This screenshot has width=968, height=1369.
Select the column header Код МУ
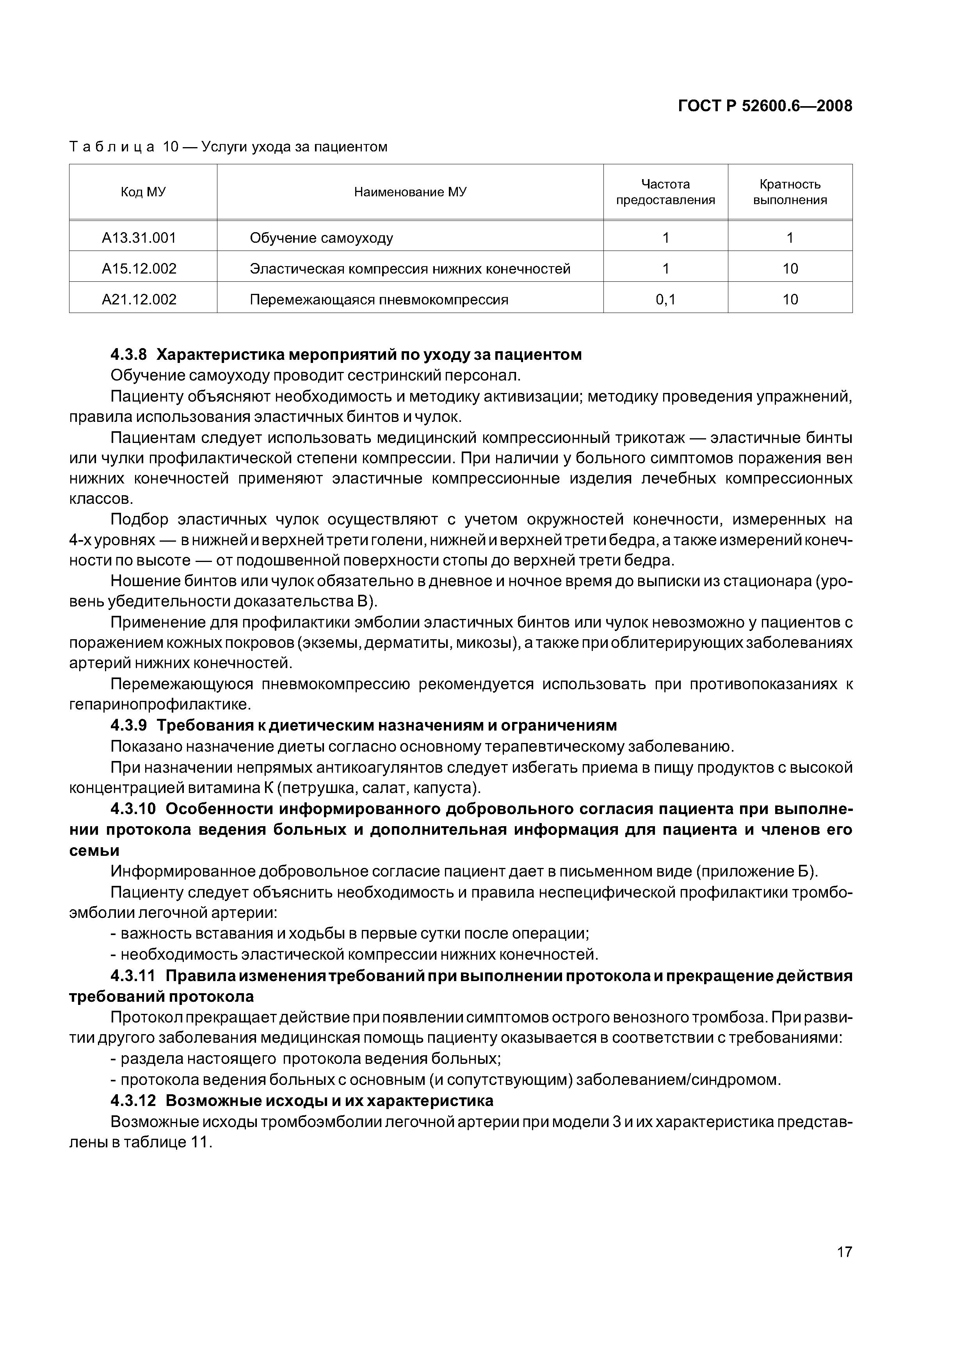point(143,192)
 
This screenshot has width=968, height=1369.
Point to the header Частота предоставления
point(665,192)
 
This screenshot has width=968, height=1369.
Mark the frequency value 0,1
point(665,299)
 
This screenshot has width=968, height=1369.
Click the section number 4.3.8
point(128,355)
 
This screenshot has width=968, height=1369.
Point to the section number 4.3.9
point(128,725)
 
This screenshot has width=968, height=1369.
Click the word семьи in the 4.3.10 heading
point(94,850)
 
